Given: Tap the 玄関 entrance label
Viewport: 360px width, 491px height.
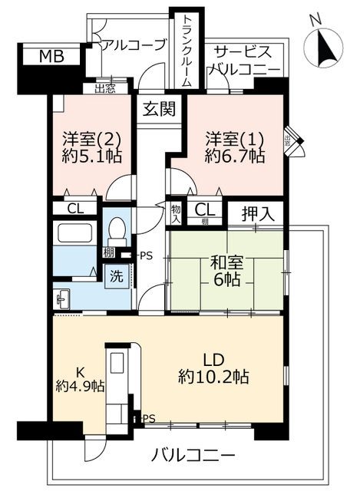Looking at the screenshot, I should (159, 108).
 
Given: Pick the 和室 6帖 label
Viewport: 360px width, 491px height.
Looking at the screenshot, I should (226, 271).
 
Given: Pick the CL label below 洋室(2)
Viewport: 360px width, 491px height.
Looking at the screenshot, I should (74, 209).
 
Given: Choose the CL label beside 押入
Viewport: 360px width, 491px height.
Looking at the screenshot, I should (203, 209).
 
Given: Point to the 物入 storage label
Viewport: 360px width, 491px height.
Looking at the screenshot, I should (176, 213).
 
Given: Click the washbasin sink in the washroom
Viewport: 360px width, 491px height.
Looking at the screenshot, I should (63, 297).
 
